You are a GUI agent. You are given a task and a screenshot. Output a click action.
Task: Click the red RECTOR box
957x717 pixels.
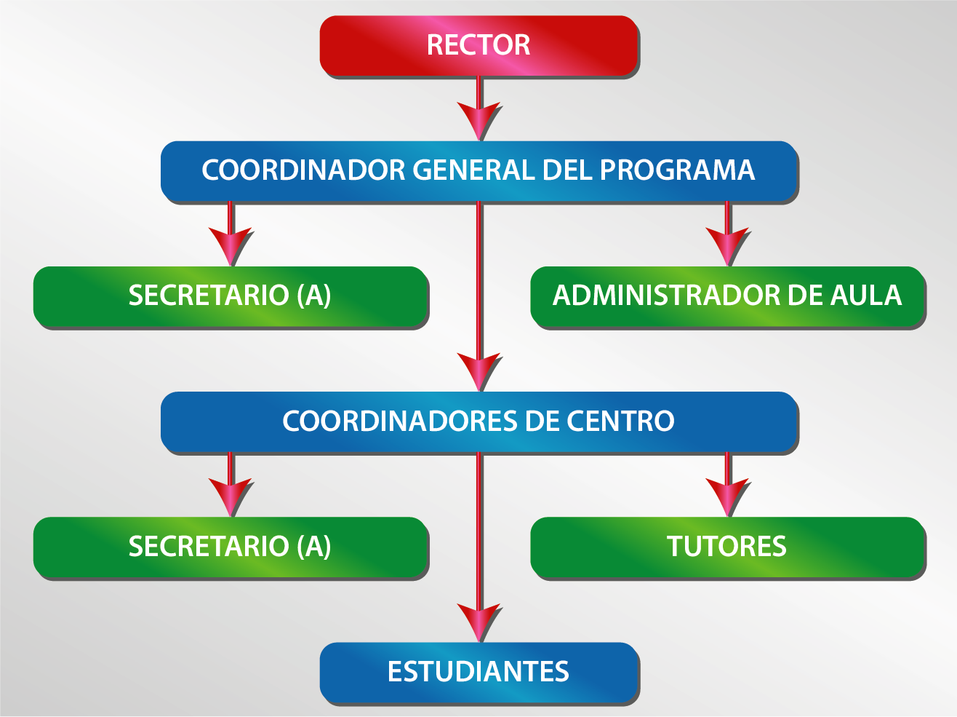tap(478, 45)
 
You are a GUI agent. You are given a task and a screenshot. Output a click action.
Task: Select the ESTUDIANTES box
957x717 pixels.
tap(478, 672)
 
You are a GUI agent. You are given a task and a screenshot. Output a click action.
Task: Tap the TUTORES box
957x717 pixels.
tap(727, 547)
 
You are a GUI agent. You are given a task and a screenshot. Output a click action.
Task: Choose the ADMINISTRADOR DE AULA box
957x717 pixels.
tap(727, 296)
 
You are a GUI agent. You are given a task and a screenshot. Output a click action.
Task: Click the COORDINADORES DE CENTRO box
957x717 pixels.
tap(478, 421)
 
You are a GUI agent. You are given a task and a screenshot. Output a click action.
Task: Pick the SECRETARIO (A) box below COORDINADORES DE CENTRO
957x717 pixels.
tap(231, 547)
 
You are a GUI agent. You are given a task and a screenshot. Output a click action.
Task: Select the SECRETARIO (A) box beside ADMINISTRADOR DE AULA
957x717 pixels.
tap(231, 296)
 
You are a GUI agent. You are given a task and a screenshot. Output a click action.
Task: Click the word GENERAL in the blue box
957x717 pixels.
tap(474, 170)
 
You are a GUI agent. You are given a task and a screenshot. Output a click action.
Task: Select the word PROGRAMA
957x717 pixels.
tap(677, 170)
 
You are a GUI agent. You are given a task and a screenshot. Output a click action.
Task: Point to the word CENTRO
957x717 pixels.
tap(620, 421)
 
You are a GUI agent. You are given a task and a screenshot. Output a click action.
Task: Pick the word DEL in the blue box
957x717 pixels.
tap(568, 170)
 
